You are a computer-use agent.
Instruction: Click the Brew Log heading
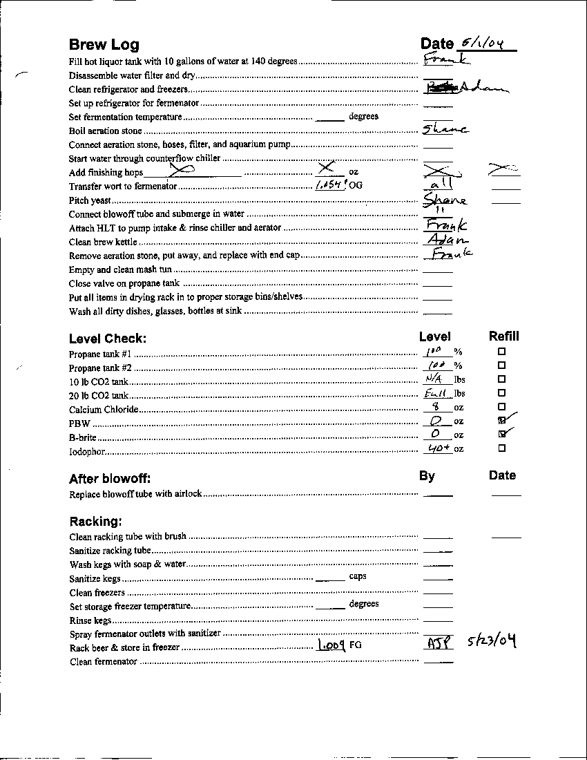click(x=104, y=45)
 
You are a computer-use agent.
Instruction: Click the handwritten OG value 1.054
click(x=330, y=185)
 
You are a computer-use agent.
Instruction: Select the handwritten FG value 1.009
click(x=331, y=645)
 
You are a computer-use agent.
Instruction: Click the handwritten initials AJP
click(x=439, y=643)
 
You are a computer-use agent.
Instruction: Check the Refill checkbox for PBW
click(x=502, y=420)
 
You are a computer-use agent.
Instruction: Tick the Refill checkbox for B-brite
click(x=502, y=434)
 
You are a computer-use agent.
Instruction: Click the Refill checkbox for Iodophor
click(x=502, y=448)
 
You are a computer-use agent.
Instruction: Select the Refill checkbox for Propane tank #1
click(x=502, y=351)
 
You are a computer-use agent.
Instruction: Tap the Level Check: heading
click(x=107, y=339)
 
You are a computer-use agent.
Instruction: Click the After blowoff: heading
click(x=110, y=479)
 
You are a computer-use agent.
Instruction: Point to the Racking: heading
click(x=96, y=521)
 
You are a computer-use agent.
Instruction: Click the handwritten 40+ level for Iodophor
click(x=438, y=448)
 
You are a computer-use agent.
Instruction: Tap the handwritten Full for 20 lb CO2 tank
click(x=436, y=393)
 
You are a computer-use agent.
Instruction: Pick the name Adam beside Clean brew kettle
click(x=443, y=240)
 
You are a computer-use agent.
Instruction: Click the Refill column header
click(x=503, y=336)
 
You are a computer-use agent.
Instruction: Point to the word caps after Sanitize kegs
click(x=358, y=576)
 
